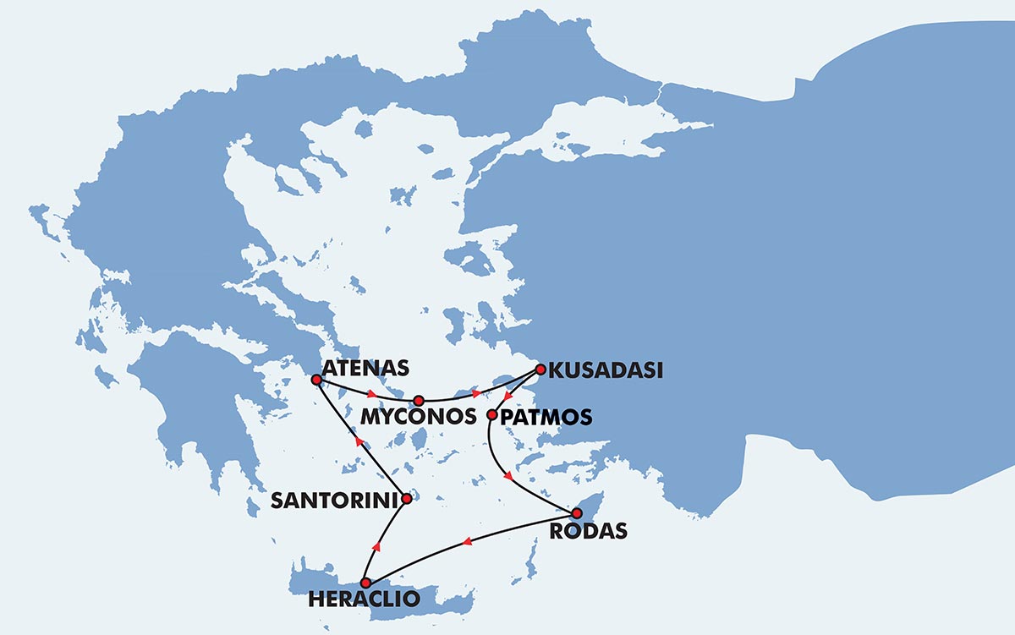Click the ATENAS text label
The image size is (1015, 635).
(365, 368)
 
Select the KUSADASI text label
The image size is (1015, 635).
(605, 370)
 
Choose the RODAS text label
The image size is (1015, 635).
(588, 531)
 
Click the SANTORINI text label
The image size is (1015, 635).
(333, 501)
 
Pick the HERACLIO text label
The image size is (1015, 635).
(364, 599)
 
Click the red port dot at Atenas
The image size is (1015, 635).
(316, 380)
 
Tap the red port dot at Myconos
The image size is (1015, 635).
(418, 399)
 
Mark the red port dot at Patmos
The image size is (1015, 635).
(491, 414)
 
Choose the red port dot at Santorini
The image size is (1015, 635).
(407, 499)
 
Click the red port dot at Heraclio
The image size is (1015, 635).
(365, 583)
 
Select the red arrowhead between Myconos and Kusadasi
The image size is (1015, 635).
(476, 393)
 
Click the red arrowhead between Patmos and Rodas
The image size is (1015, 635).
(507, 477)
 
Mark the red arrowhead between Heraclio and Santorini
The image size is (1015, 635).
(376, 547)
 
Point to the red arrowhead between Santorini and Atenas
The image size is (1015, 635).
(359, 441)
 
